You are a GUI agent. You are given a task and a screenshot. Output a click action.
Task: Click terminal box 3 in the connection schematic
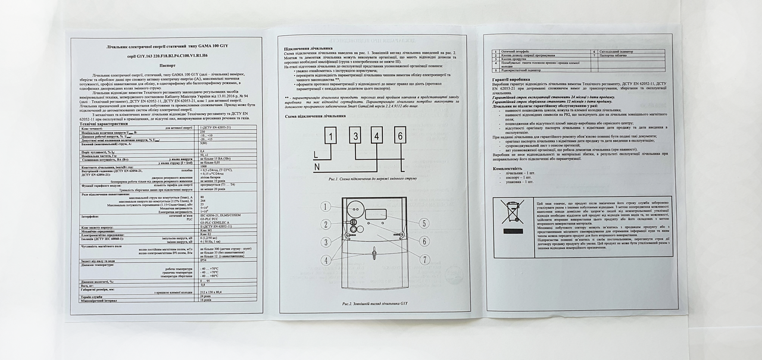click(355, 136)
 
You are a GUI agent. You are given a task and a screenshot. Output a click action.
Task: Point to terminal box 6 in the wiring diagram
click(401, 136)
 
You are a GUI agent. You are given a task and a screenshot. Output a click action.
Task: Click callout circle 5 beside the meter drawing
click(424, 223)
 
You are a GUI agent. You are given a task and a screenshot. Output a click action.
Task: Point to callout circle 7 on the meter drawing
click(425, 259)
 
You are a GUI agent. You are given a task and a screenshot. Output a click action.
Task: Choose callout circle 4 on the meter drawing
click(326, 260)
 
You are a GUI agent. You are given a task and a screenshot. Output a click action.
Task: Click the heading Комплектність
click(507, 169)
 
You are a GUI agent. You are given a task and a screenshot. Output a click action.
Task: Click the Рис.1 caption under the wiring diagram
click(372, 178)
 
